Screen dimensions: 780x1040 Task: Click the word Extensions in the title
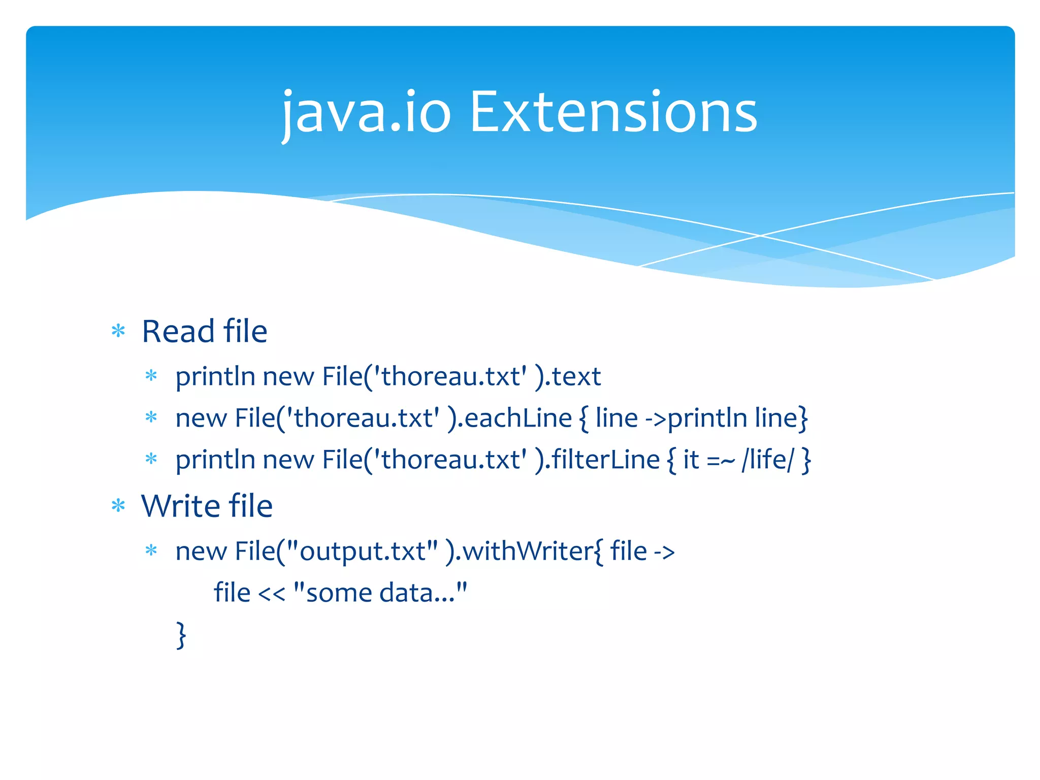[613, 113]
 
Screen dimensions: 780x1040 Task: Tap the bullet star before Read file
[118, 332]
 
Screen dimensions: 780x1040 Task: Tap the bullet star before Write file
[118, 506]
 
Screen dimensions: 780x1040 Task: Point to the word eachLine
[518, 418]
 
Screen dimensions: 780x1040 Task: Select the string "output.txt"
[362, 551]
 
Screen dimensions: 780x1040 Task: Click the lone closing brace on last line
[181, 635]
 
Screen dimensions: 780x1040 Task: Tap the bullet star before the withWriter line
[151, 550]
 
